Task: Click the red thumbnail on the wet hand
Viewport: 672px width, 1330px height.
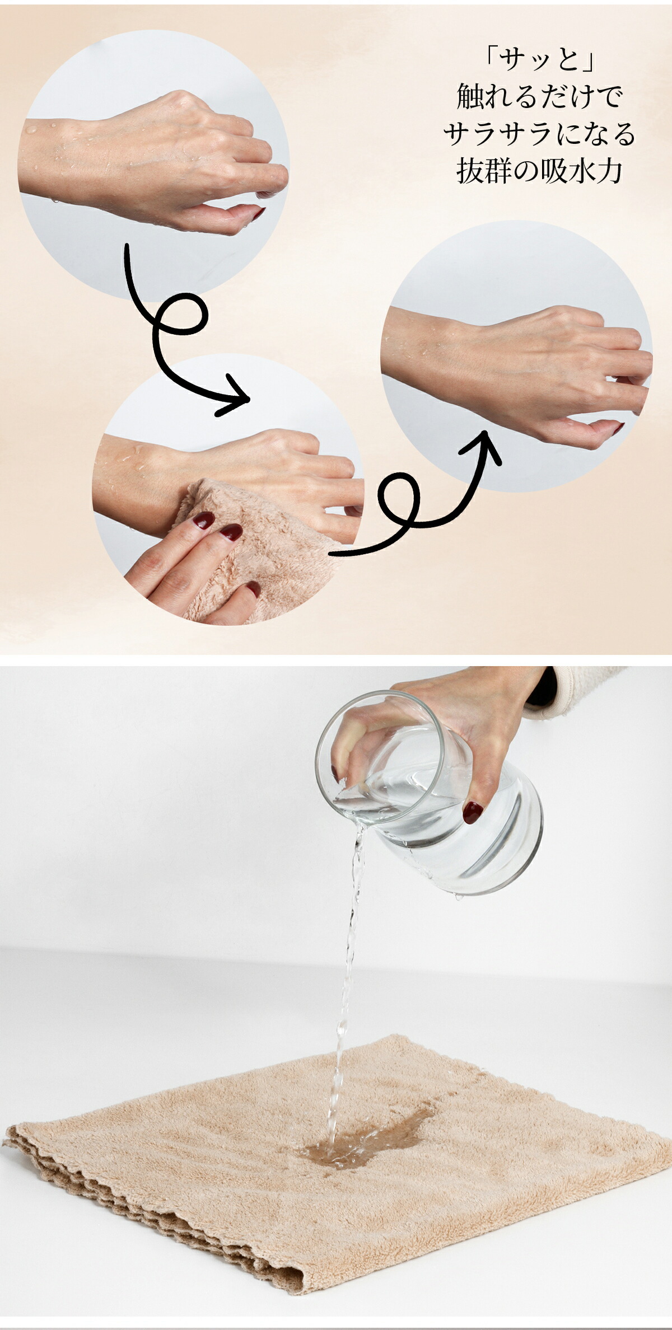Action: click(258, 214)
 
